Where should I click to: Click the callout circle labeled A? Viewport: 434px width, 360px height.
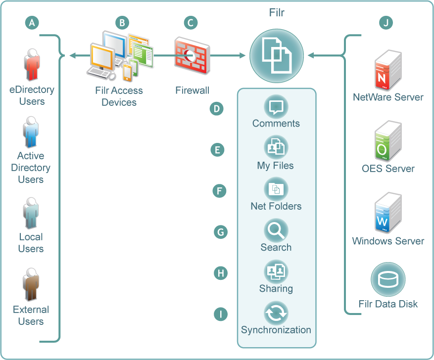(x=32, y=22)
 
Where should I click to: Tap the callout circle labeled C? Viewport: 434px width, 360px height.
(x=191, y=22)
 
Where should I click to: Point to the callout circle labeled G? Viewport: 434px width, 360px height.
(x=220, y=231)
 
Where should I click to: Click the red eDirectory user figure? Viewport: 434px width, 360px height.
(x=32, y=64)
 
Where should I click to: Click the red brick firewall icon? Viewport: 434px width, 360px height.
(x=192, y=55)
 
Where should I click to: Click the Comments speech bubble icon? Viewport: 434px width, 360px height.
(x=276, y=106)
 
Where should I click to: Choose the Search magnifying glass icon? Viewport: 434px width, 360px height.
(x=276, y=230)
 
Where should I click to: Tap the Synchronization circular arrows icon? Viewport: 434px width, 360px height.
(x=276, y=313)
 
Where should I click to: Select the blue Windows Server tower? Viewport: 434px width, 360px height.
(x=388, y=214)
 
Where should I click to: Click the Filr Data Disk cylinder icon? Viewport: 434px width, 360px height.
(x=388, y=279)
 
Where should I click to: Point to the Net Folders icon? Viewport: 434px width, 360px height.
(x=276, y=188)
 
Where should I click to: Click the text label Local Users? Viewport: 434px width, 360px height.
(x=31, y=243)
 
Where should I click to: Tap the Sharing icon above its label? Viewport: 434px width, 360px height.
(x=276, y=271)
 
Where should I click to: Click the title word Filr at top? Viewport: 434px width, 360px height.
(x=277, y=12)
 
